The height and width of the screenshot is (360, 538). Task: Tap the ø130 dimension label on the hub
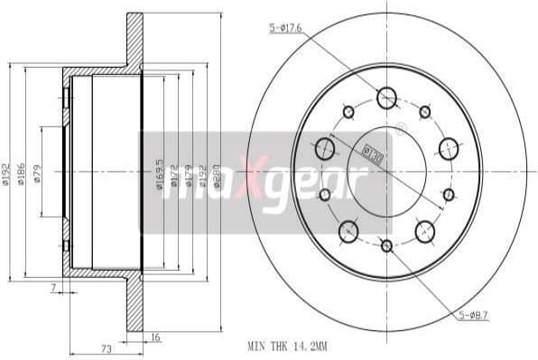pos(373,152)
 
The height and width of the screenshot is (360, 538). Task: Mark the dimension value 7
pos(54,287)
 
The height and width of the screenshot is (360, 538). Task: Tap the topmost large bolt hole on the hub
pos(387,97)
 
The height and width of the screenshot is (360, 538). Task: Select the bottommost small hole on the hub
pos(386,245)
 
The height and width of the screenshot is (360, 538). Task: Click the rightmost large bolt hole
pos(449,149)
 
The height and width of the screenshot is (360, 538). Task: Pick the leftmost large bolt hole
pos(326,148)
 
